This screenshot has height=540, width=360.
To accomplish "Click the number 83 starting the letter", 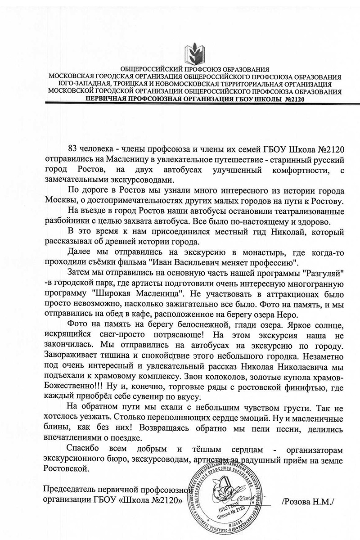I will [73, 149].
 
